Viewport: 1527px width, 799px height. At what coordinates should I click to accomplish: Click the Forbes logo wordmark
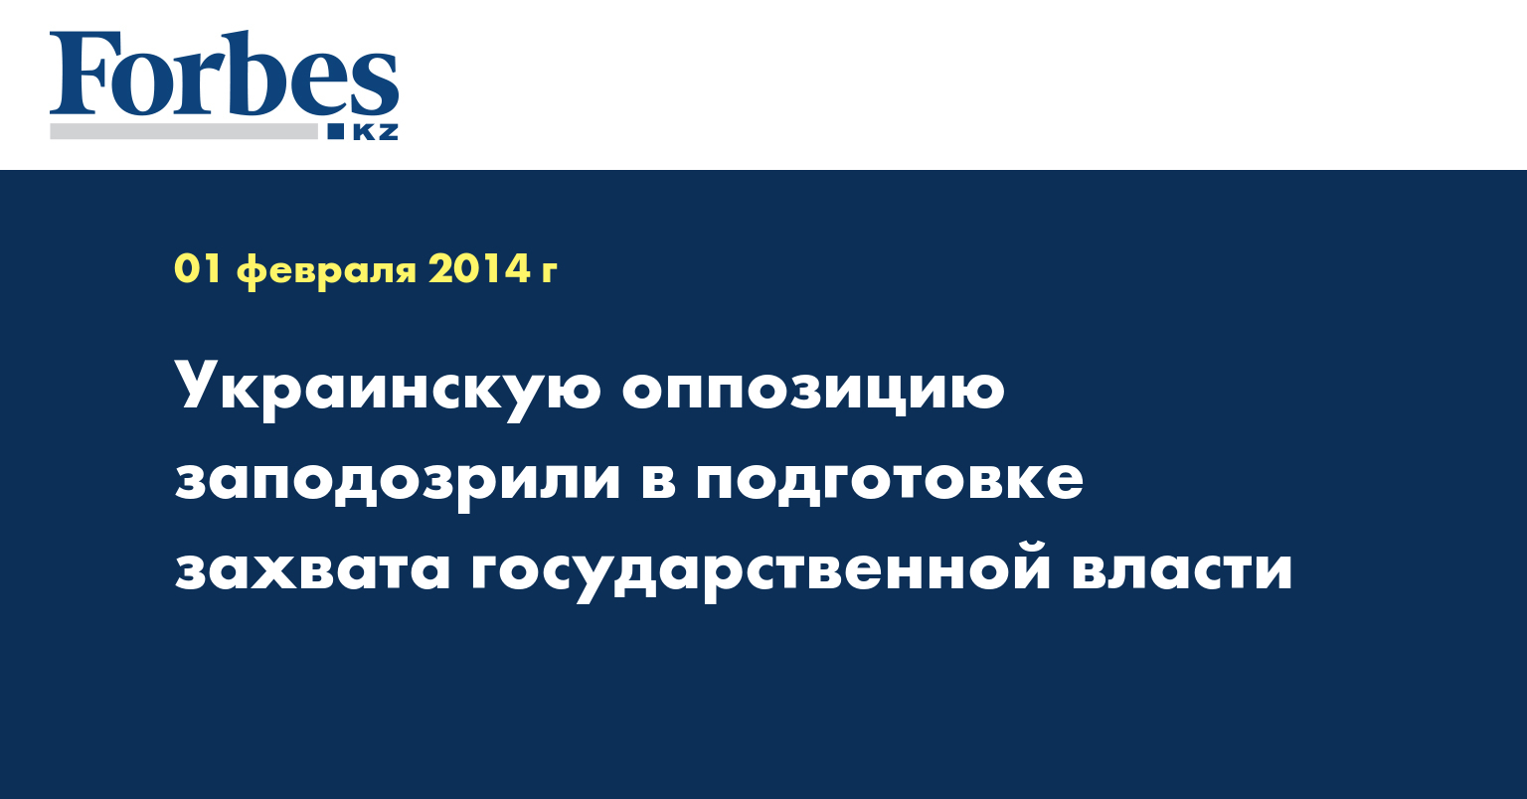pyautogui.click(x=224, y=75)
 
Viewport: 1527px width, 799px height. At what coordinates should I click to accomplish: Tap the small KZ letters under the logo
pyautogui.click(x=375, y=131)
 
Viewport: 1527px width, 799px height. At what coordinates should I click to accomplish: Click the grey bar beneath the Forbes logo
pyautogui.click(x=183, y=131)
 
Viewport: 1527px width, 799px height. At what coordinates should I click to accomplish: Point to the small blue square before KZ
pyautogui.click(x=336, y=131)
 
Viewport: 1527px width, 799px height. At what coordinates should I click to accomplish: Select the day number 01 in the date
pyautogui.click(x=198, y=269)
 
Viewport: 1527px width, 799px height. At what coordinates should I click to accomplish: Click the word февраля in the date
pyautogui.click(x=326, y=271)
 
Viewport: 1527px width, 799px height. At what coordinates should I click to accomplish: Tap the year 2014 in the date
pyautogui.click(x=479, y=269)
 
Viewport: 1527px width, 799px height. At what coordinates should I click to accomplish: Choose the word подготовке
pyautogui.click(x=890, y=481)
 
